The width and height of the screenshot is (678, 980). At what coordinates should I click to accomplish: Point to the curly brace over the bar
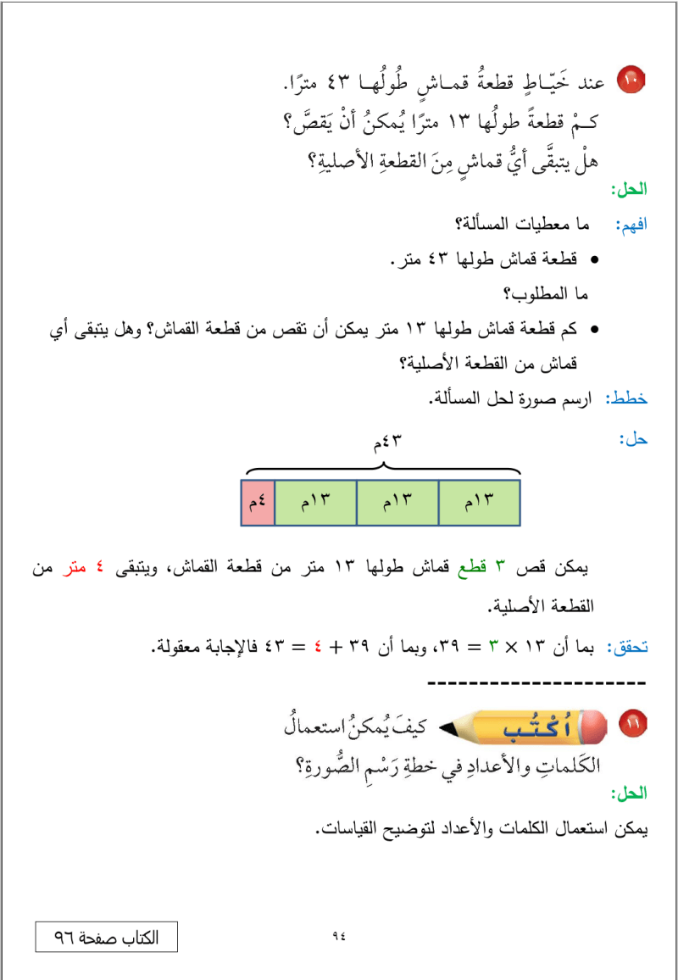[382, 465]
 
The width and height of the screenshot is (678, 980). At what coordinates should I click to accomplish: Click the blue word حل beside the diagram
[633, 439]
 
